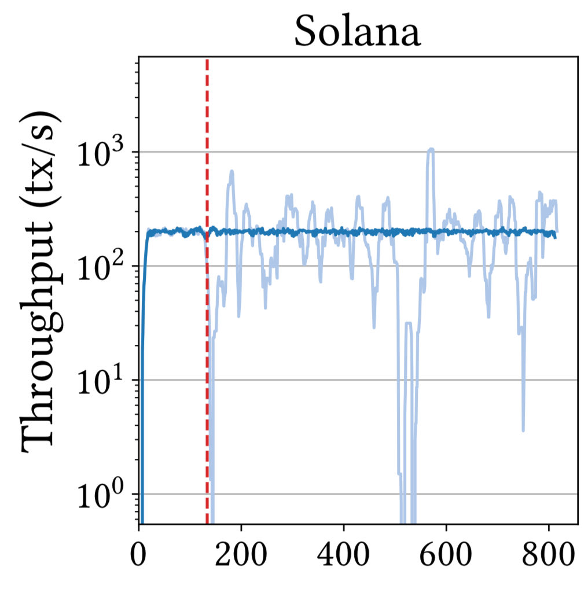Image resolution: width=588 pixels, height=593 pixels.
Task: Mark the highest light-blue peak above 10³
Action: [x=430, y=149]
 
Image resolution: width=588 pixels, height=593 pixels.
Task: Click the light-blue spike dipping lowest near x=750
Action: [x=523, y=429]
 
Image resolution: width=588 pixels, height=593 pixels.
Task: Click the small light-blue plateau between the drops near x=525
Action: [x=408, y=323]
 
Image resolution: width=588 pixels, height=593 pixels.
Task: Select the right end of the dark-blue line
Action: [x=555, y=237]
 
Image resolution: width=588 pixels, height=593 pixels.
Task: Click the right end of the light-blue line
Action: [x=557, y=230]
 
